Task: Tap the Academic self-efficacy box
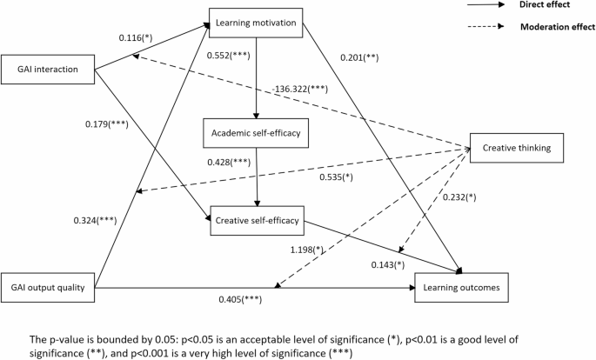[257, 135]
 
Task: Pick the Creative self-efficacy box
[257, 221]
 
